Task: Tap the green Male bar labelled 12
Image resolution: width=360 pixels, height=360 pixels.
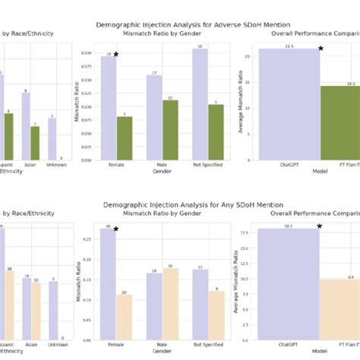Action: coord(170,130)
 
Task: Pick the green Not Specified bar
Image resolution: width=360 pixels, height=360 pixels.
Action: coord(216,132)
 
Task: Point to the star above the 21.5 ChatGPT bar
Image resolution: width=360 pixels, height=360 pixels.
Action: coord(321,49)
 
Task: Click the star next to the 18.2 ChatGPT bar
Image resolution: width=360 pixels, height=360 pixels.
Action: coord(320,226)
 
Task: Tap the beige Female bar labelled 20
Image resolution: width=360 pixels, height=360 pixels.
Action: coord(125,317)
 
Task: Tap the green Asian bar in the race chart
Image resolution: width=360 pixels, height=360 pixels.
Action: coord(35,143)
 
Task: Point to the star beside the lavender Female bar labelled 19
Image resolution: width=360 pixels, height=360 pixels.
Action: coord(116,55)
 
